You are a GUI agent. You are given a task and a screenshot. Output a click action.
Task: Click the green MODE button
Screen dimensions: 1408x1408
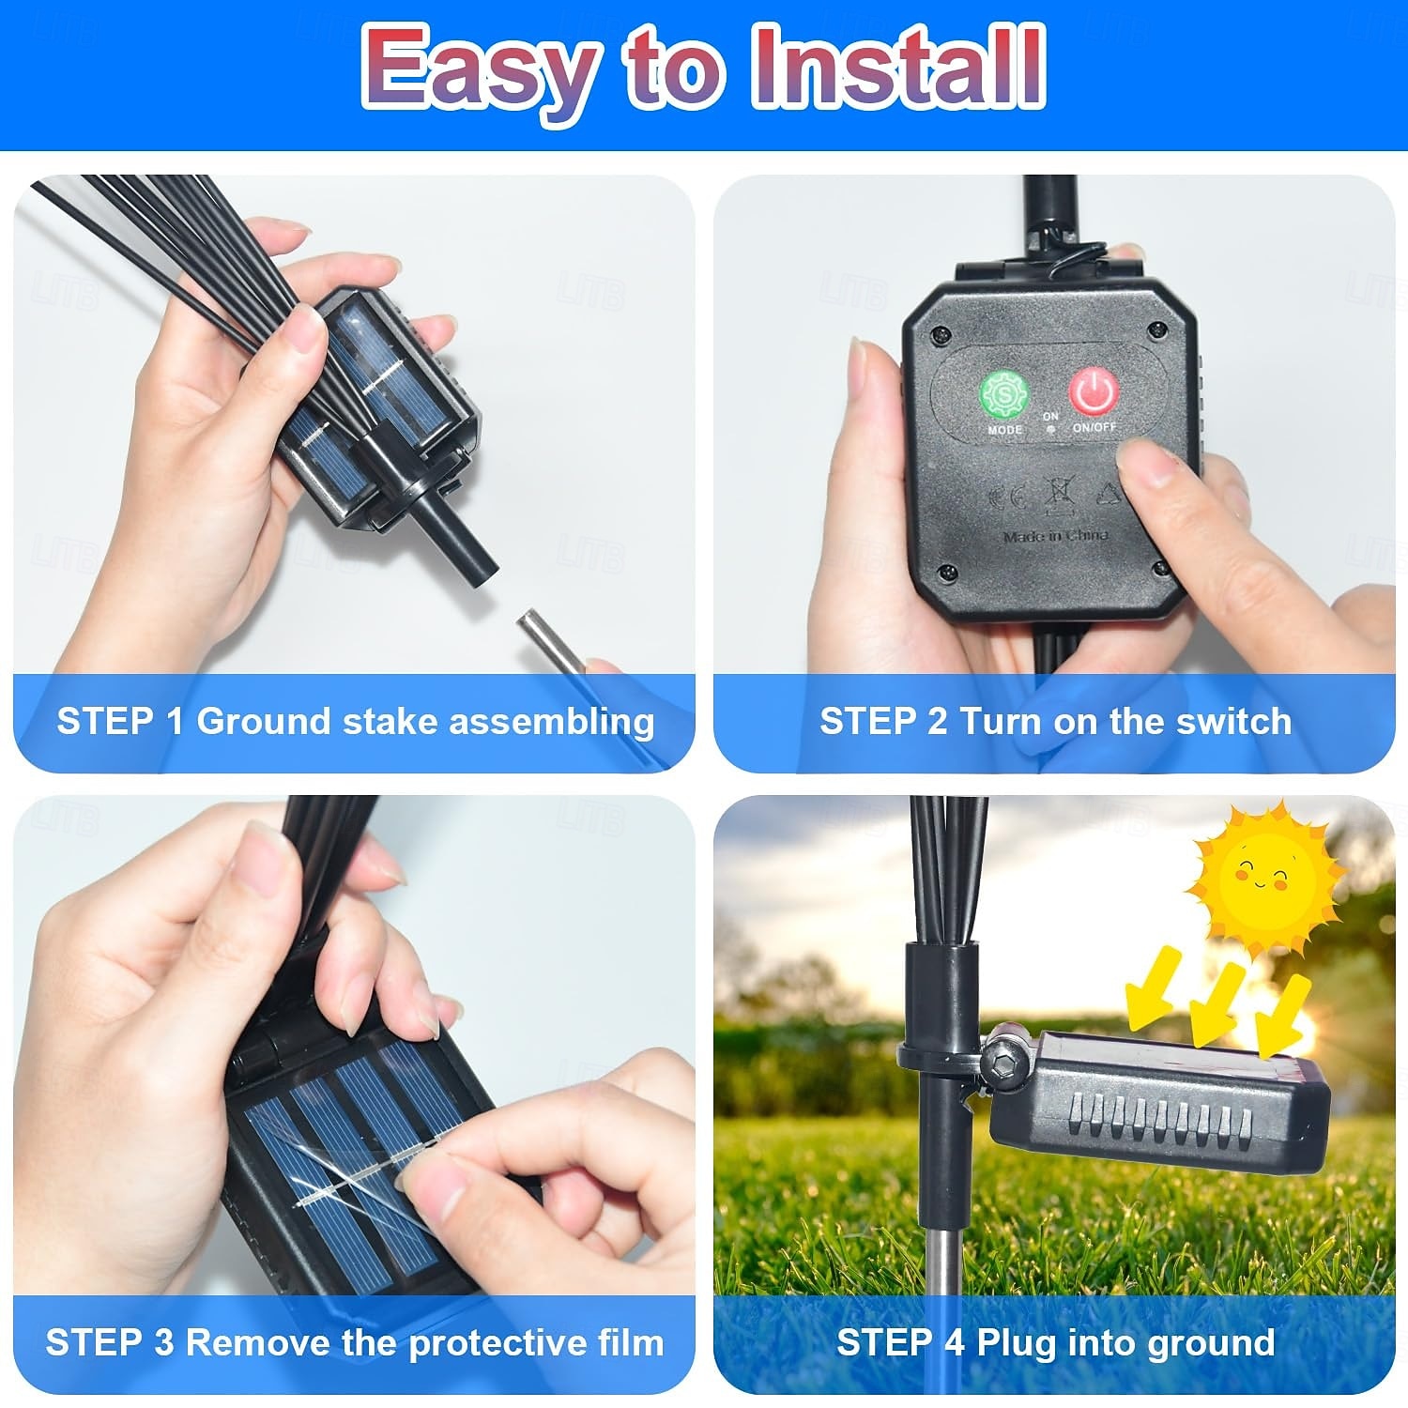[1004, 395]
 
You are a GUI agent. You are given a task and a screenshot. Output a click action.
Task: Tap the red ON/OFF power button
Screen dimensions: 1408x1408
[1094, 391]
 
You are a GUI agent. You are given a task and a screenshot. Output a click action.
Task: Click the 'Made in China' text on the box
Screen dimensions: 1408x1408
[1056, 537]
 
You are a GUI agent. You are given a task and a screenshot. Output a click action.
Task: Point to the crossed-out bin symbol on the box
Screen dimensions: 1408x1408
[1056, 497]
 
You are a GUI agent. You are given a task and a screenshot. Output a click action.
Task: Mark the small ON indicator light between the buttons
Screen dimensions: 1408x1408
[1050, 428]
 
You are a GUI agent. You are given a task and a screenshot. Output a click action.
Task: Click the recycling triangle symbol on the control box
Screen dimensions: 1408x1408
[1110, 495]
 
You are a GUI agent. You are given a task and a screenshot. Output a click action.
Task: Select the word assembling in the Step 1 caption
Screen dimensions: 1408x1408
[551, 723]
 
